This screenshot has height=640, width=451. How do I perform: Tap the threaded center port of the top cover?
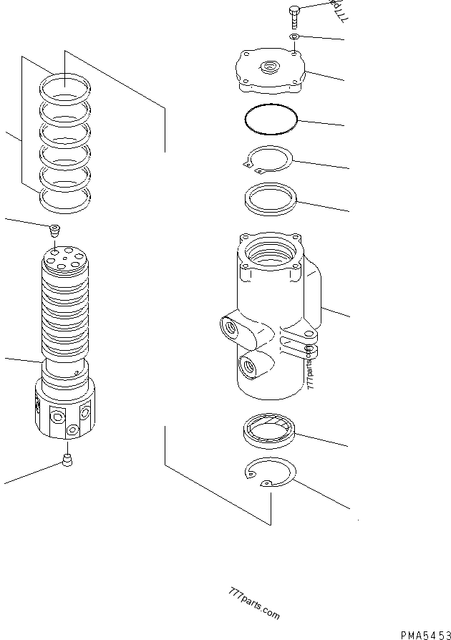[x=271, y=69]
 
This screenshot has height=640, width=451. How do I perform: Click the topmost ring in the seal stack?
[x=65, y=89]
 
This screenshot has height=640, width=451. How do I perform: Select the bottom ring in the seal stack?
[x=65, y=200]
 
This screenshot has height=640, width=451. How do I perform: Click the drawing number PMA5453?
[x=424, y=634]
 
